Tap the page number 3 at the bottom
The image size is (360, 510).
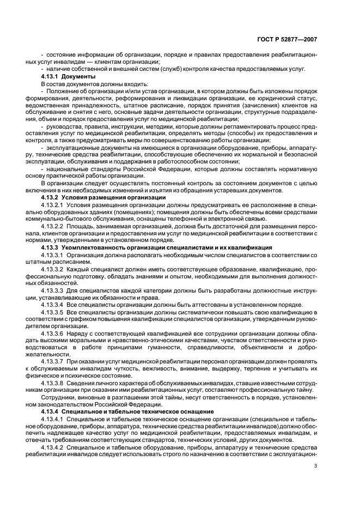[x=316, y=465]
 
